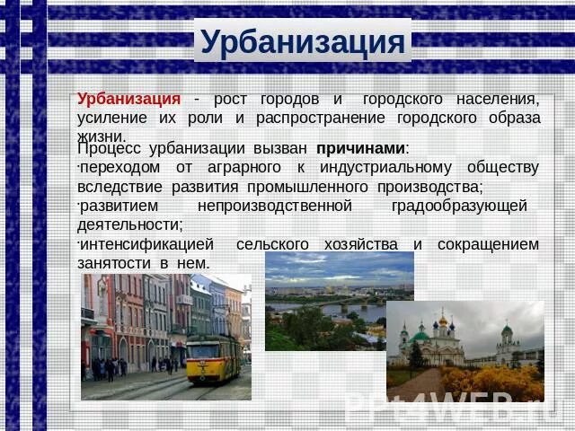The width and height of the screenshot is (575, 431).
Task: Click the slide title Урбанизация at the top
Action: [303, 42]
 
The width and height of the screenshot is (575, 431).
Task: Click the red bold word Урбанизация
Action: [128, 98]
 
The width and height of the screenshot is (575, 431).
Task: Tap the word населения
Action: [495, 98]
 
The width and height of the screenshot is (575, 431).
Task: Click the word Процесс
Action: [109, 148]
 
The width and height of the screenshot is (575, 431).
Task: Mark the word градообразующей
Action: [459, 206]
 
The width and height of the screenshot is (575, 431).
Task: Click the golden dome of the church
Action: [442, 320]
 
